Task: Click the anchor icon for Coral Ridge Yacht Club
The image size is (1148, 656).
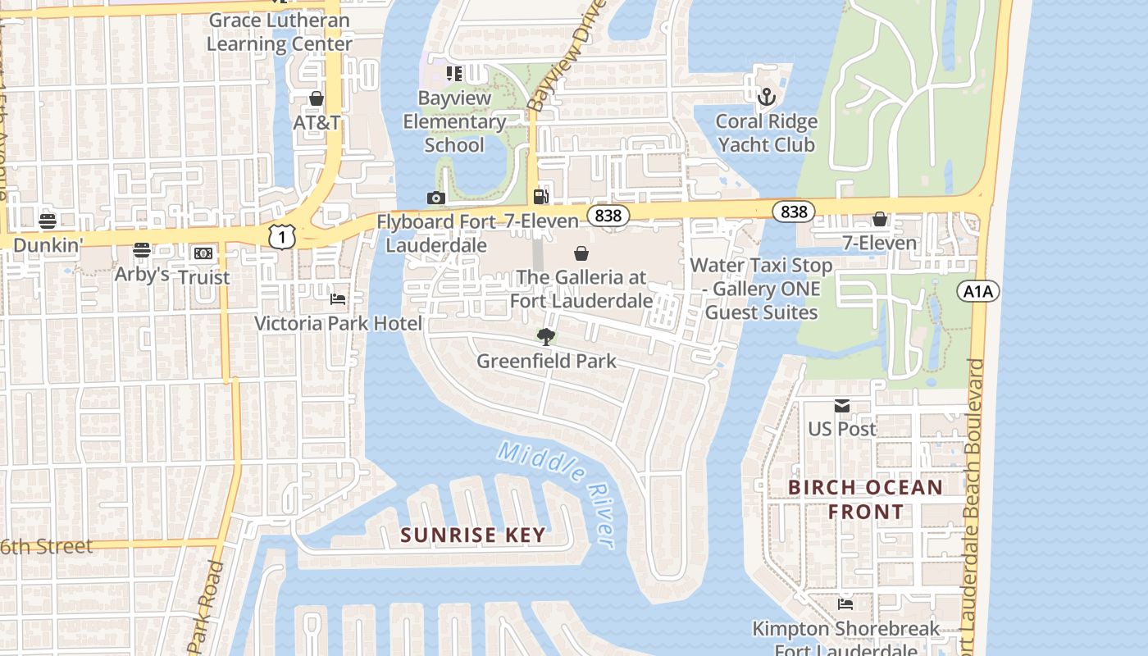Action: (x=766, y=98)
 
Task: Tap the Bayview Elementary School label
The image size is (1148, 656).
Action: (x=453, y=121)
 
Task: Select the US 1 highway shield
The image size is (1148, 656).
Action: (x=281, y=236)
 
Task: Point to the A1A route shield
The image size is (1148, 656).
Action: (x=977, y=290)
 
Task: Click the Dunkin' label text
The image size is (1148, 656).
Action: (x=48, y=244)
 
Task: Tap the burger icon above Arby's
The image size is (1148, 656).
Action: (x=142, y=249)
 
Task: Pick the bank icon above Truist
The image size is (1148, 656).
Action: (x=203, y=253)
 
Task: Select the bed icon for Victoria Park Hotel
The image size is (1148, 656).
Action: (x=338, y=299)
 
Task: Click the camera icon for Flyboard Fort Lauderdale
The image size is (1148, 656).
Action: (x=436, y=198)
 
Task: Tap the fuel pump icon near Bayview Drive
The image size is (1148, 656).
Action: (x=540, y=196)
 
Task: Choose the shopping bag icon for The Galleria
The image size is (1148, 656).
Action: (x=581, y=253)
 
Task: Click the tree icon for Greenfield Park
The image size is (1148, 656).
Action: (x=545, y=336)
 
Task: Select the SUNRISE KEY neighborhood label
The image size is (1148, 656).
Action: (x=472, y=535)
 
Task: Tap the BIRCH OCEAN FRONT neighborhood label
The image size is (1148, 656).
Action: (x=865, y=499)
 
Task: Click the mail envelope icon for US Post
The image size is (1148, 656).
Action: (x=842, y=406)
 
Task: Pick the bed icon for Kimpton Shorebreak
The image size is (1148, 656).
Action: (x=845, y=604)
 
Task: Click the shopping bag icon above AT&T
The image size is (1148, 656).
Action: (x=317, y=98)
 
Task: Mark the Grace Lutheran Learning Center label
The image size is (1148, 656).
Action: (x=279, y=32)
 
